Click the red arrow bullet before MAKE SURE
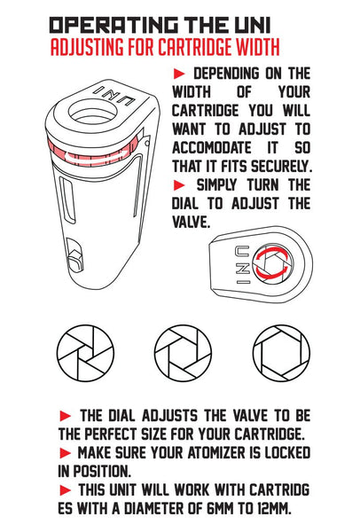click(x=66, y=453)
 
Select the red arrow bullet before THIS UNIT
click(x=66, y=489)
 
